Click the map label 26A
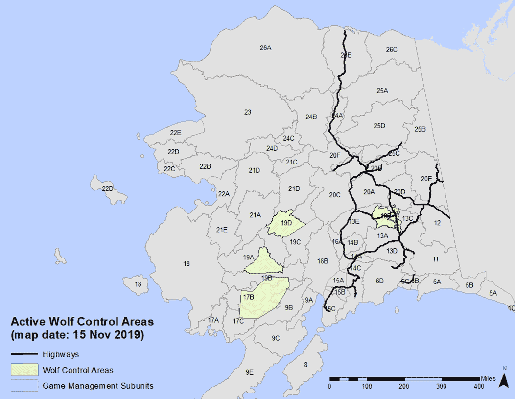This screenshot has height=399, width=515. tap(265, 48)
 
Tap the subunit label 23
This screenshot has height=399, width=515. tap(248, 112)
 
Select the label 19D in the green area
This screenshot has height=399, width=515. tap(286, 223)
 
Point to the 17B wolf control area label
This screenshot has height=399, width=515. tap(249, 297)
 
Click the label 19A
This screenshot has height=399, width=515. tap(249, 257)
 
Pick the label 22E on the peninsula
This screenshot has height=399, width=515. tap(176, 133)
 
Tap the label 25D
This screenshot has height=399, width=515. tap(379, 126)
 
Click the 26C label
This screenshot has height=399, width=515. tap(392, 50)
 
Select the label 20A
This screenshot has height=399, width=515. tap(369, 192)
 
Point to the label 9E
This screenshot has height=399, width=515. tap(250, 372)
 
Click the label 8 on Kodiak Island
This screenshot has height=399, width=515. tap(305, 364)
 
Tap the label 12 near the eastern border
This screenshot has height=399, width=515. tap(437, 223)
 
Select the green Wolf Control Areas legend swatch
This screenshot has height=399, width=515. tap(24, 370)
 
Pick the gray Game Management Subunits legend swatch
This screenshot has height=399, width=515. tap(24, 386)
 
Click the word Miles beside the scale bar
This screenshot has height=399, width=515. tap(488, 378)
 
